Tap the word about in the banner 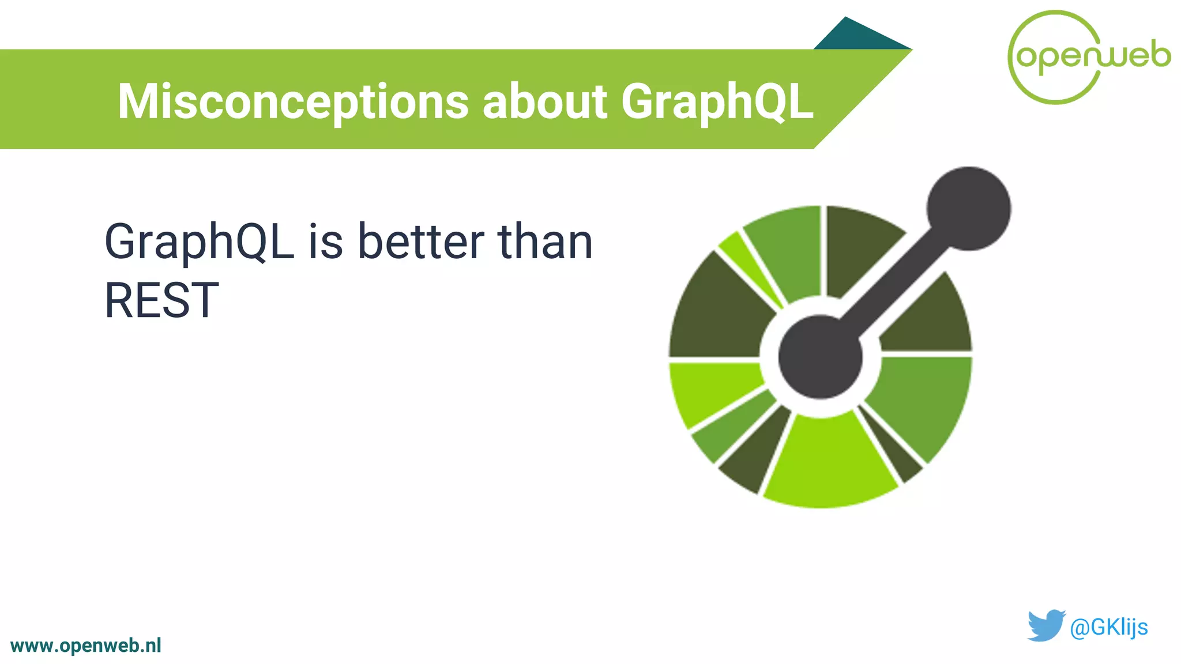544,101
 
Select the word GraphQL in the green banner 717,101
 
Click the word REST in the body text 161,300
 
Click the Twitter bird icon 1045,625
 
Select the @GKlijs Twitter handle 1108,627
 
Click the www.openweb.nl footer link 86,646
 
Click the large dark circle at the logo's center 820,357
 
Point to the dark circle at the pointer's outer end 968,209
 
